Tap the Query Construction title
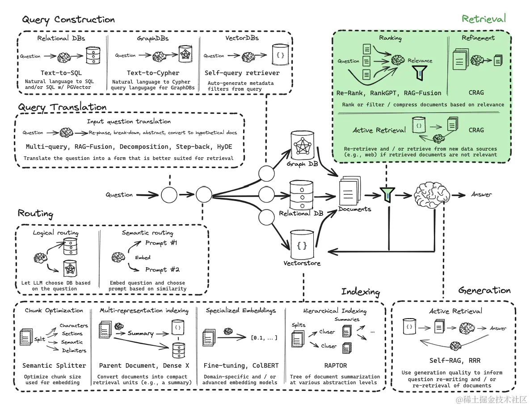coord(68,20)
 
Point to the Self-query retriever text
coord(242,73)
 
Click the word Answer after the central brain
coord(481,194)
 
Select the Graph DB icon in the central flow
coord(303,145)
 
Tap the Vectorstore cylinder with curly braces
coord(302,244)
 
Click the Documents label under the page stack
coord(354,209)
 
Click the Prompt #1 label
coord(161,243)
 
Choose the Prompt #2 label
coord(162,270)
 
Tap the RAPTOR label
coord(335,365)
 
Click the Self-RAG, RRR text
coord(454,361)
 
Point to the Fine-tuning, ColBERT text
coord(239,365)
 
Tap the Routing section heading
coord(36,214)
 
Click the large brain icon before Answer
coord(431,195)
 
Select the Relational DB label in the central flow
coord(301,214)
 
